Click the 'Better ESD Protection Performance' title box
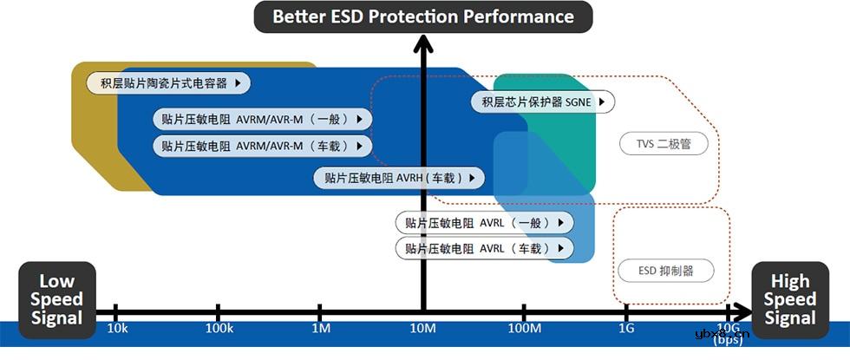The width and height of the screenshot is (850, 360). (x=423, y=16)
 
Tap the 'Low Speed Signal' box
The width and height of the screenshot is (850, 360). (x=57, y=299)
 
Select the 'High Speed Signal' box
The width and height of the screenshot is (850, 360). (x=790, y=299)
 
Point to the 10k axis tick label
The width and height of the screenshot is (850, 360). (x=117, y=329)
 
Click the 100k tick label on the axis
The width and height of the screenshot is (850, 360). (x=219, y=329)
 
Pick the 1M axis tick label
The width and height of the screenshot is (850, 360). (x=321, y=329)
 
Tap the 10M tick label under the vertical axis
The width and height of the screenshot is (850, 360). (x=423, y=329)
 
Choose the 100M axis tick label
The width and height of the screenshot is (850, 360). (x=525, y=329)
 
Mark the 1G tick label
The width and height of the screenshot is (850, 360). (x=626, y=329)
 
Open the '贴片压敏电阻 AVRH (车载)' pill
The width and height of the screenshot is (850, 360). (x=399, y=178)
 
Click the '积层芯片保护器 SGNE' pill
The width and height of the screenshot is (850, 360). (x=543, y=101)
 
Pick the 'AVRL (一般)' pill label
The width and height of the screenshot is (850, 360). (x=484, y=223)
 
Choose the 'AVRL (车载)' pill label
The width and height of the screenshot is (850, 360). (x=484, y=249)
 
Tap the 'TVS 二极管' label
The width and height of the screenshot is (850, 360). (x=664, y=144)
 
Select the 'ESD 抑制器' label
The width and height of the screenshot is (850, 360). (x=665, y=271)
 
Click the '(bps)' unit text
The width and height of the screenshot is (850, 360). (x=727, y=341)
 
